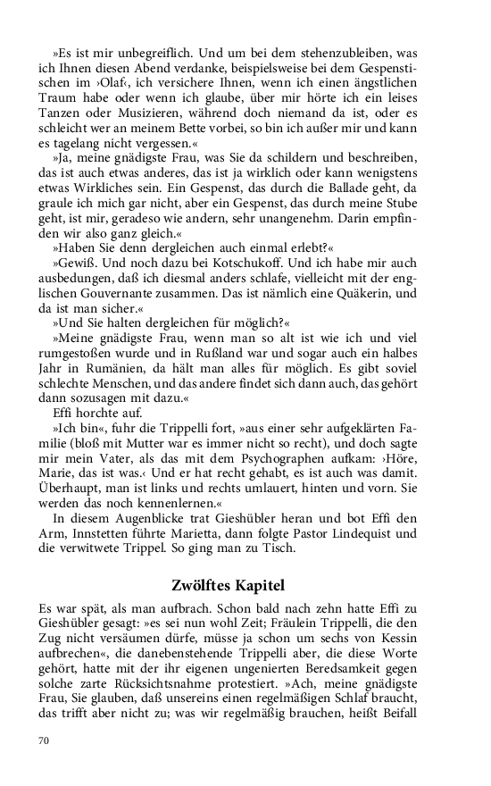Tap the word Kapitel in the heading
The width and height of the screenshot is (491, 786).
click(262, 586)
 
